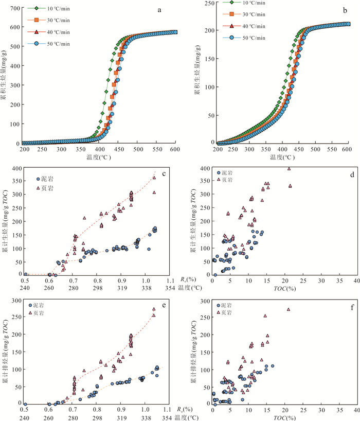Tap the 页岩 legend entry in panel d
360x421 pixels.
228,180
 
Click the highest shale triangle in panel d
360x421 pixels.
289,168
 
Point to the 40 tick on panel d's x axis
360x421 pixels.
356,280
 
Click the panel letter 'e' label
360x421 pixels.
164,305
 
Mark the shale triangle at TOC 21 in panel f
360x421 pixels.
289,309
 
